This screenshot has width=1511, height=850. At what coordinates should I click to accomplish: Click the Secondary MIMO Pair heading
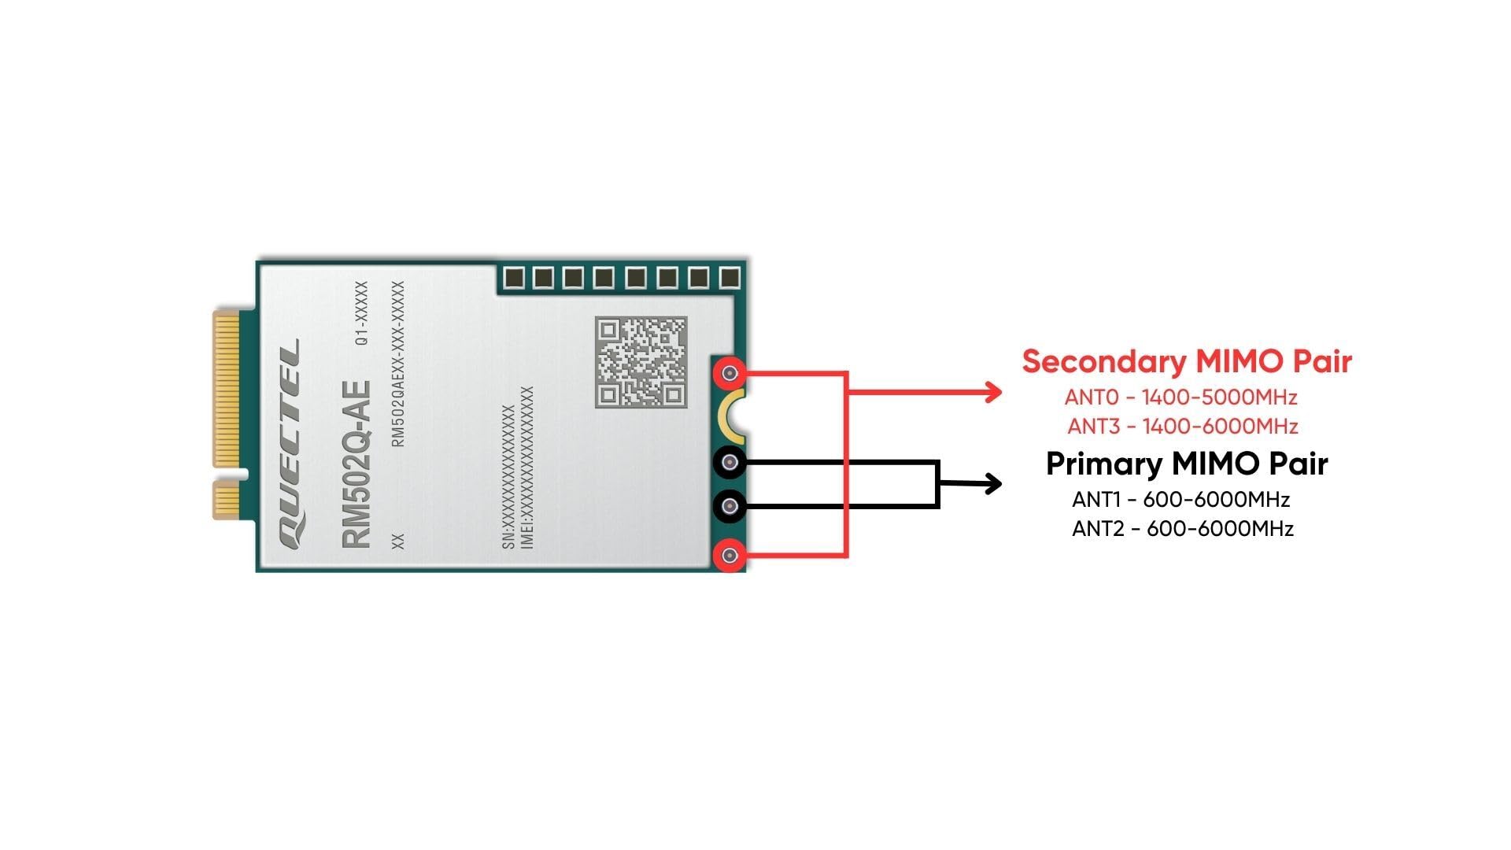(x=1186, y=361)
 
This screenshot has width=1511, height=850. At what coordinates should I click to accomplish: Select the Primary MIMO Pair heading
(x=1186, y=464)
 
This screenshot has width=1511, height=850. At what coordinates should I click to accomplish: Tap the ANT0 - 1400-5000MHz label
(x=1180, y=397)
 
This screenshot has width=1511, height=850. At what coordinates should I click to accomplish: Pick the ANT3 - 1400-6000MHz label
(x=1182, y=427)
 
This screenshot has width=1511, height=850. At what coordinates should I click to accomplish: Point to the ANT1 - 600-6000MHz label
(x=1180, y=499)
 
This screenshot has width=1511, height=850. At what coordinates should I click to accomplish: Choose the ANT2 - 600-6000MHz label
(x=1182, y=528)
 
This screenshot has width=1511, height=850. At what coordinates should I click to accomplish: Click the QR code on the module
(x=641, y=361)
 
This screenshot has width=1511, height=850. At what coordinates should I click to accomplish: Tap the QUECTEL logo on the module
(x=289, y=445)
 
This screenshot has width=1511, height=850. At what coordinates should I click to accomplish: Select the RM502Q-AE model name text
(x=356, y=464)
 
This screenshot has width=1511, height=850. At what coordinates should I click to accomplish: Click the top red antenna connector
(x=730, y=373)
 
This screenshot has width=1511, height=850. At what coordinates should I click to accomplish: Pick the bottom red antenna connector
(x=730, y=556)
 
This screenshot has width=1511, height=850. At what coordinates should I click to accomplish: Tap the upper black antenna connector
(x=730, y=462)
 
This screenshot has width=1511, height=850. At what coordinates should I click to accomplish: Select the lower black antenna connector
(x=730, y=506)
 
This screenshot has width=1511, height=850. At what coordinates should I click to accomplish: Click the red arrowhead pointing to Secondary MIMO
(x=993, y=392)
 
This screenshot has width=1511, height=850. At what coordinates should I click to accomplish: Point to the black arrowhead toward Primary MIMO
(x=993, y=483)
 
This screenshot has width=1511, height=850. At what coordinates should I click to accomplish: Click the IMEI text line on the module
(x=527, y=468)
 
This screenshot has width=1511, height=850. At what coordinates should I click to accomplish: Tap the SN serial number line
(x=508, y=478)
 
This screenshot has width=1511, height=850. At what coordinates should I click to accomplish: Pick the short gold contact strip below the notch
(x=227, y=501)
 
